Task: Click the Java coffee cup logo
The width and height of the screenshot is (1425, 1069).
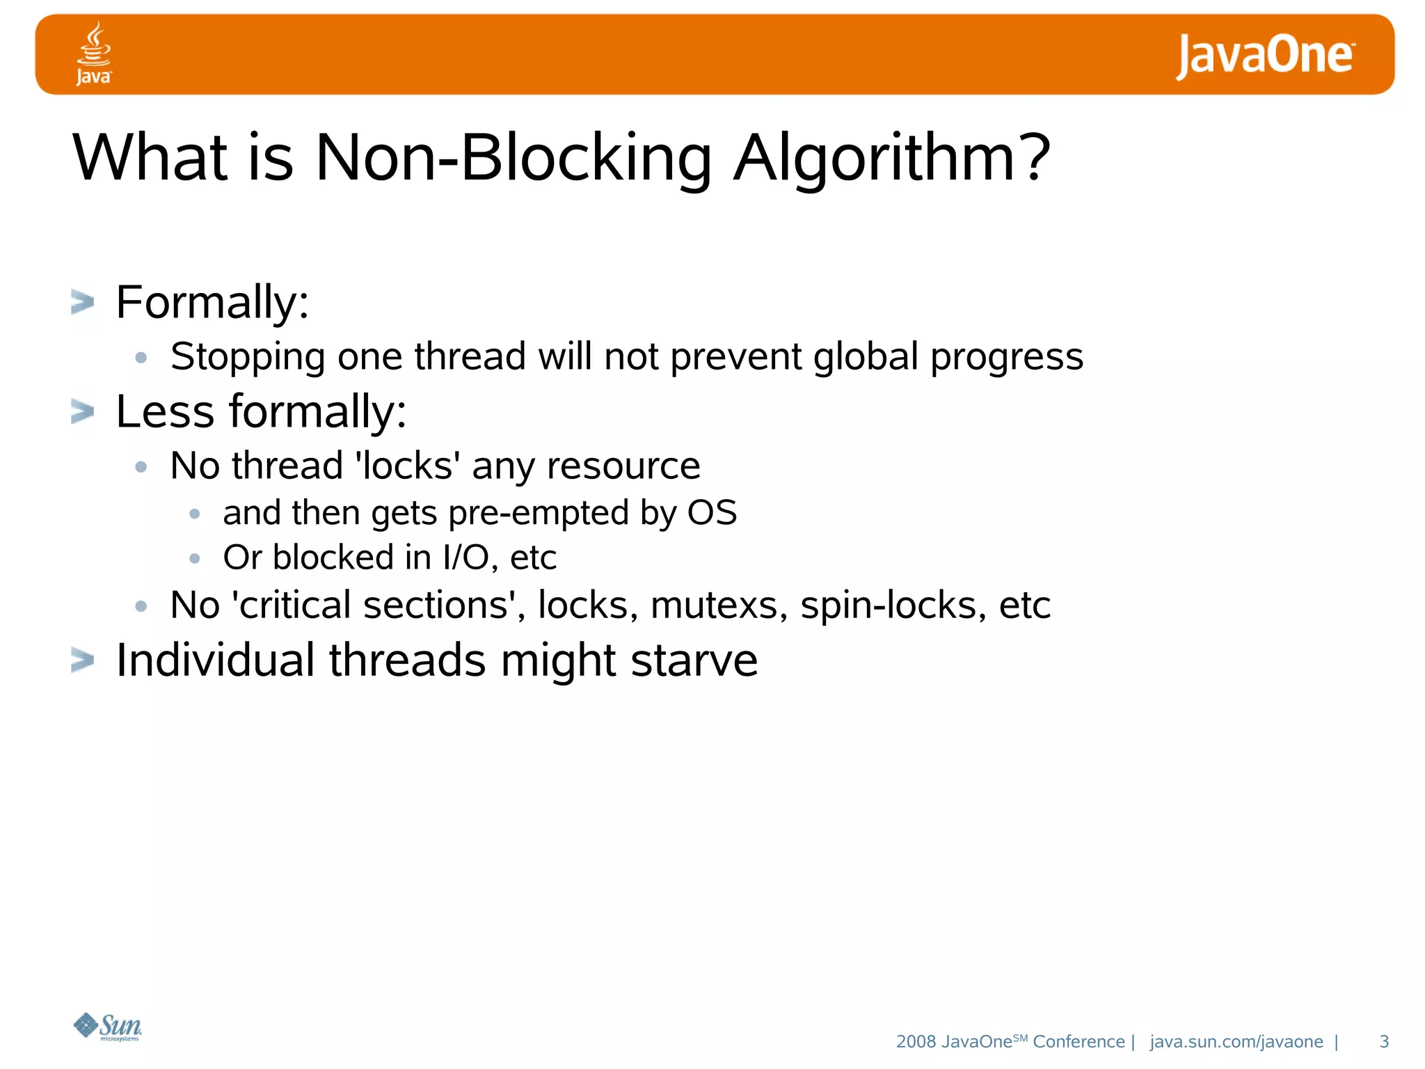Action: tap(93, 53)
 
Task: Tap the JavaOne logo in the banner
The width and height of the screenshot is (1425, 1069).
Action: tap(1265, 56)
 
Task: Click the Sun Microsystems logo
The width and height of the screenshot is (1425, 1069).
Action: tap(108, 1027)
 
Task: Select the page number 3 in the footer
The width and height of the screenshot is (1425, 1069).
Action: tap(1384, 1041)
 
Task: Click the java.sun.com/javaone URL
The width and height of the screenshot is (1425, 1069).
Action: tap(1236, 1041)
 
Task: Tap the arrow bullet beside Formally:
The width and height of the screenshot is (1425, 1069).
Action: tap(82, 302)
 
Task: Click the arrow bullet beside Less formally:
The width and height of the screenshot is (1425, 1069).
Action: tap(82, 411)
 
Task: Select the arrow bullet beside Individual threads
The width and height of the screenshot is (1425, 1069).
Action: tap(82, 660)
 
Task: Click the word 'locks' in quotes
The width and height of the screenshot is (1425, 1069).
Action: tap(407, 465)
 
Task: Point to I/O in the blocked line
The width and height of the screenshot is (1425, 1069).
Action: tap(465, 557)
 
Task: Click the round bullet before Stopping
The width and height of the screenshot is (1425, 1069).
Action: tap(141, 358)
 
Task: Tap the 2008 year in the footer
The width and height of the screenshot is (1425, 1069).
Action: tap(916, 1041)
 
